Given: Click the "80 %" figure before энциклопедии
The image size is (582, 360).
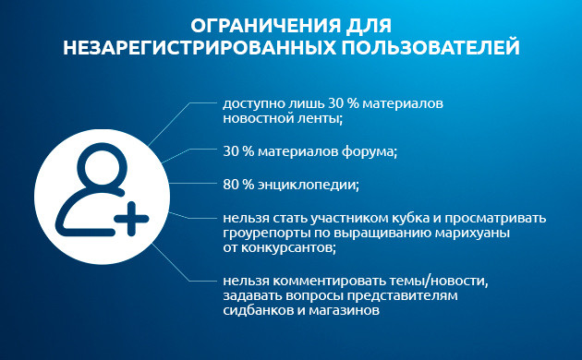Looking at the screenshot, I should [237, 184].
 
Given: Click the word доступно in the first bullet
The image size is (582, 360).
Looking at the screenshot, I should [249, 103].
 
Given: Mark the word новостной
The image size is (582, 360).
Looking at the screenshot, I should [255, 118].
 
